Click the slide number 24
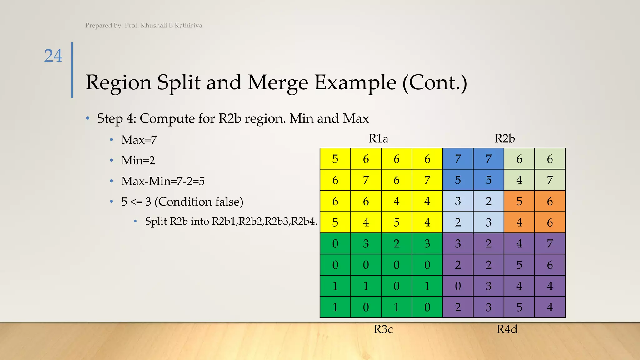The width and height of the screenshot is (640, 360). click(x=53, y=56)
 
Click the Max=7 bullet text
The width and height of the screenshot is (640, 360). click(x=139, y=140)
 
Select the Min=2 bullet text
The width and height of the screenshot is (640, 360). click(x=138, y=160)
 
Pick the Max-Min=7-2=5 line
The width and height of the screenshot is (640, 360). click(x=163, y=181)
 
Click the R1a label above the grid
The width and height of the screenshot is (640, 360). click(x=378, y=138)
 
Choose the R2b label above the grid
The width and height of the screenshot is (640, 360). click(x=504, y=138)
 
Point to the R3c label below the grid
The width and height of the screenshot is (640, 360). click(x=383, y=329)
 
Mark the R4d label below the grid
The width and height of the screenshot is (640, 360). click(x=507, y=329)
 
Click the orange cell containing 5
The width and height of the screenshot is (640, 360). click(x=519, y=201)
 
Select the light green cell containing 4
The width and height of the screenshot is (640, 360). click(x=519, y=180)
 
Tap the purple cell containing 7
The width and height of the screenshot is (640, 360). click(x=550, y=243)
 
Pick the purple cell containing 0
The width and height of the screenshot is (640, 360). click(x=458, y=286)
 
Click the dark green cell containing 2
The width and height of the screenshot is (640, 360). click(x=397, y=243)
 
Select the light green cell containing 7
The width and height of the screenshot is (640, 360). click(x=550, y=180)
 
